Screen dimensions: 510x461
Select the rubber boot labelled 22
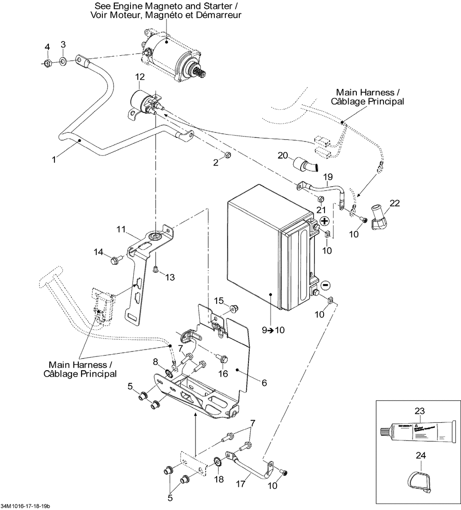point(379,220)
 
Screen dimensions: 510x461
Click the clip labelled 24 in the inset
point(419,480)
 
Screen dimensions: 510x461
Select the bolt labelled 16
point(224,357)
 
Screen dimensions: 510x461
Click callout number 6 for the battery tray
point(264,383)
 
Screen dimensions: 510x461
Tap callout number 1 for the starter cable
point(54,160)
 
